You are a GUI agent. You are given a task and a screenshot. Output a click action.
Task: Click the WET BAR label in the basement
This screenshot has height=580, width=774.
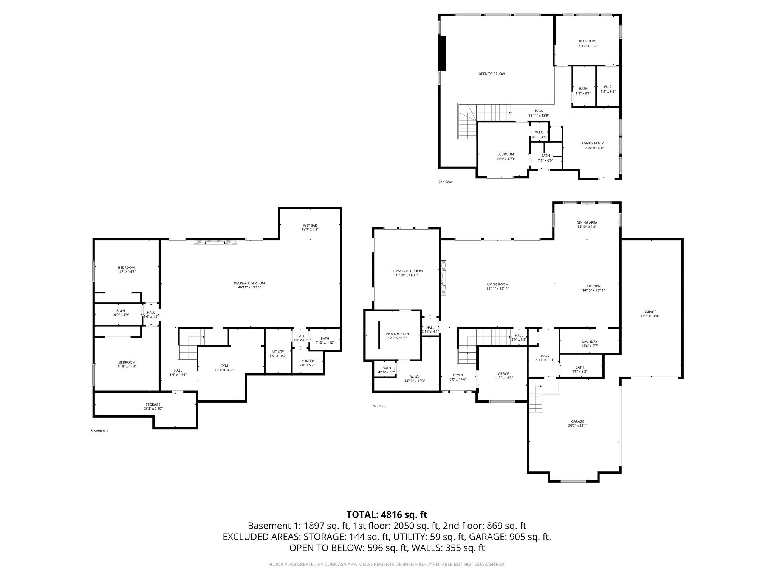tap(309, 225)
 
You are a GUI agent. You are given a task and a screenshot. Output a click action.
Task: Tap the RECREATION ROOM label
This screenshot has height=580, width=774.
tap(249, 283)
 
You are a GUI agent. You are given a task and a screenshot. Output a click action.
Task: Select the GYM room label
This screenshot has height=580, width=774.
tap(224, 366)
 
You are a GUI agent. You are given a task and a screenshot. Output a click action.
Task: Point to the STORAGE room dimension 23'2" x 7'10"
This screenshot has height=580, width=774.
tap(153, 409)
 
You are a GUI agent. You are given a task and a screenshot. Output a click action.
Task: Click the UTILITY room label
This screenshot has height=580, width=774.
tap(278, 352)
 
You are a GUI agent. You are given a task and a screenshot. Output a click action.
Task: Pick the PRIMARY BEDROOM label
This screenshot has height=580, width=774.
tap(407, 271)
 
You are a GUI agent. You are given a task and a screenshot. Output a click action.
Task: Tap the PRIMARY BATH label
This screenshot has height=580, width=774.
tap(397, 334)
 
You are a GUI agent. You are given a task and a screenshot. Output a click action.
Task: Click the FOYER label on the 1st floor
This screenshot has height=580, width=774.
tap(458, 375)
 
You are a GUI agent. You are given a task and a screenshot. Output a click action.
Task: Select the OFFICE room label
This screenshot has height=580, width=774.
tap(503, 373)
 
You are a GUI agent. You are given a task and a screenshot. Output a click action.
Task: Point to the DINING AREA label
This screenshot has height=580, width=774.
tap(587, 222)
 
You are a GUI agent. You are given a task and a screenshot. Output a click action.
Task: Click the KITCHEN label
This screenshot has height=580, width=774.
tap(593, 286)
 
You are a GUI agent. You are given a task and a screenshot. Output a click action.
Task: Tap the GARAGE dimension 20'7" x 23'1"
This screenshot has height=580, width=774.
tap(577, 426)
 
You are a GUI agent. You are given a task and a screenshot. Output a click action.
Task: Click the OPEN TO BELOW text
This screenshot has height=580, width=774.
tap(491, 74)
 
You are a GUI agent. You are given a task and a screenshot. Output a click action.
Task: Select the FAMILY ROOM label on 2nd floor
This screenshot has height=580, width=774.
tap(593, 143)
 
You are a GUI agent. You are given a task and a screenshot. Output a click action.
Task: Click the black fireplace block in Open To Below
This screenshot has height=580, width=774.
tap(443, 53)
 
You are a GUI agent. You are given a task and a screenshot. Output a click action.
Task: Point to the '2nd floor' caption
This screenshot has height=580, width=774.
tap(445, 182)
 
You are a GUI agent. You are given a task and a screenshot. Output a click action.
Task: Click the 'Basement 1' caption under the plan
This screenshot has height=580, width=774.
tap(99, 431)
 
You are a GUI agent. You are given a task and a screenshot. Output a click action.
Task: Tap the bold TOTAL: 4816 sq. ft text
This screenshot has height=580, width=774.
tap(387, 514)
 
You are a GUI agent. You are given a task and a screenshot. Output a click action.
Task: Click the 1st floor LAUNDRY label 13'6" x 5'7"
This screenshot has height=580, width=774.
tap(589, 341)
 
